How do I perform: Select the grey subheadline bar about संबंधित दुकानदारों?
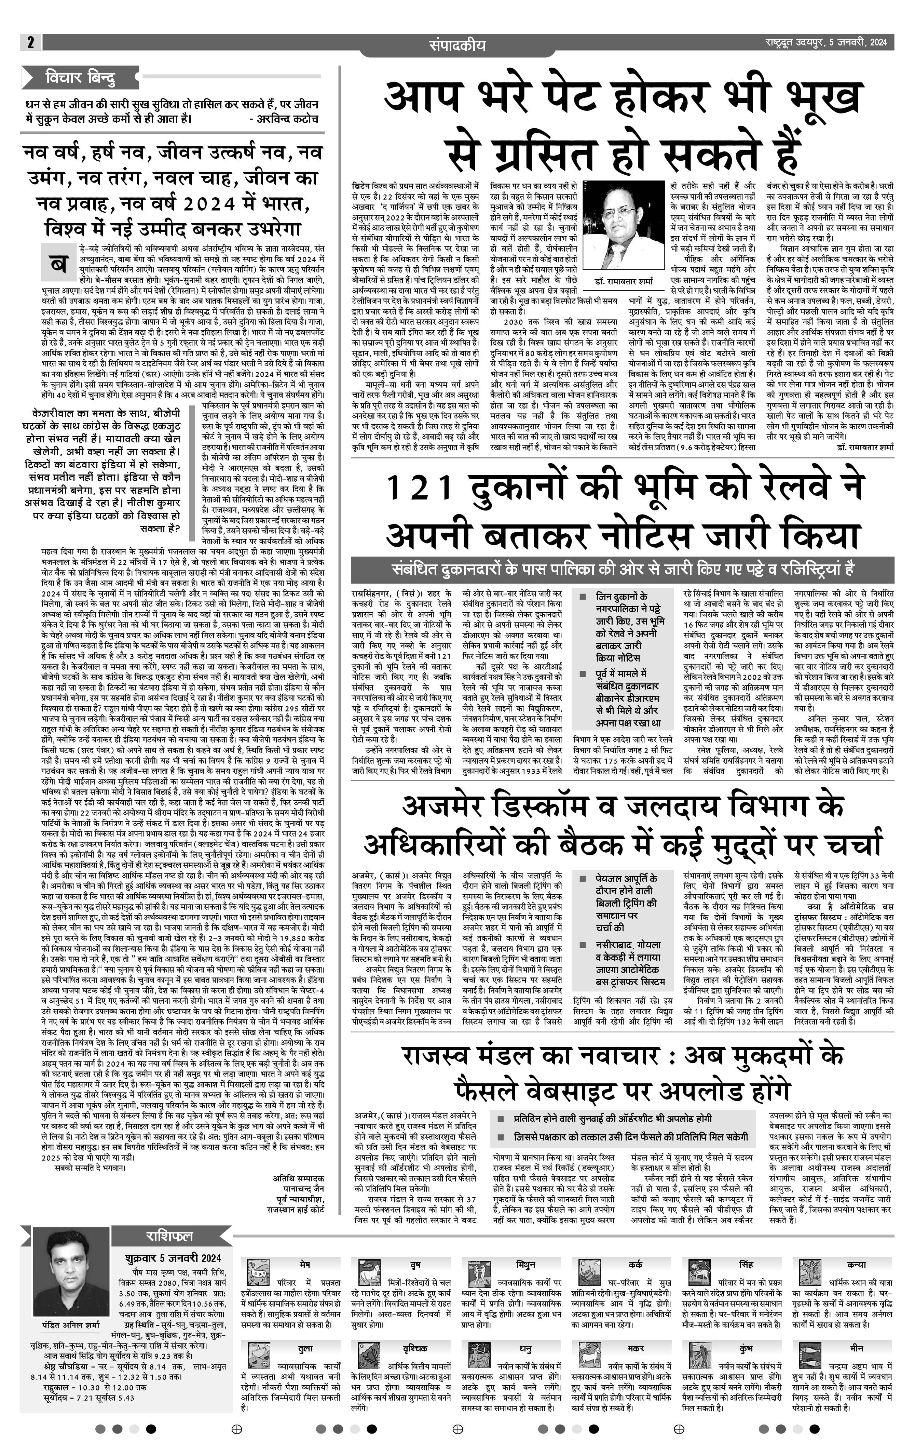pos(622,570)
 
